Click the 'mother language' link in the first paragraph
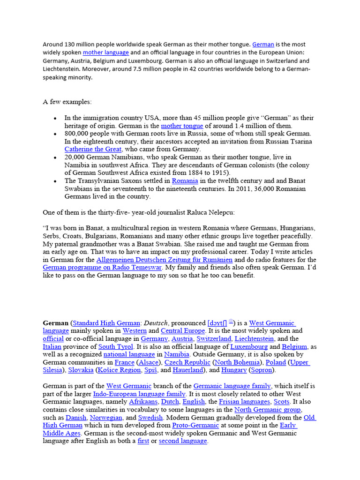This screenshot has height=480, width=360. pos(106,52)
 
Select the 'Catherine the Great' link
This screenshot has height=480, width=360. pos(93,149)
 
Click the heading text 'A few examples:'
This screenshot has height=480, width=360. pos(67,102)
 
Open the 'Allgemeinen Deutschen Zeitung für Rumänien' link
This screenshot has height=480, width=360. pos(165,259)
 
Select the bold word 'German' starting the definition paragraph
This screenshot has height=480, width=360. pos(55,323)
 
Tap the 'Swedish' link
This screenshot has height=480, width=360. pos(151,417)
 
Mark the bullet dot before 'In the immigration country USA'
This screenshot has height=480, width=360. pos(56,118)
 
